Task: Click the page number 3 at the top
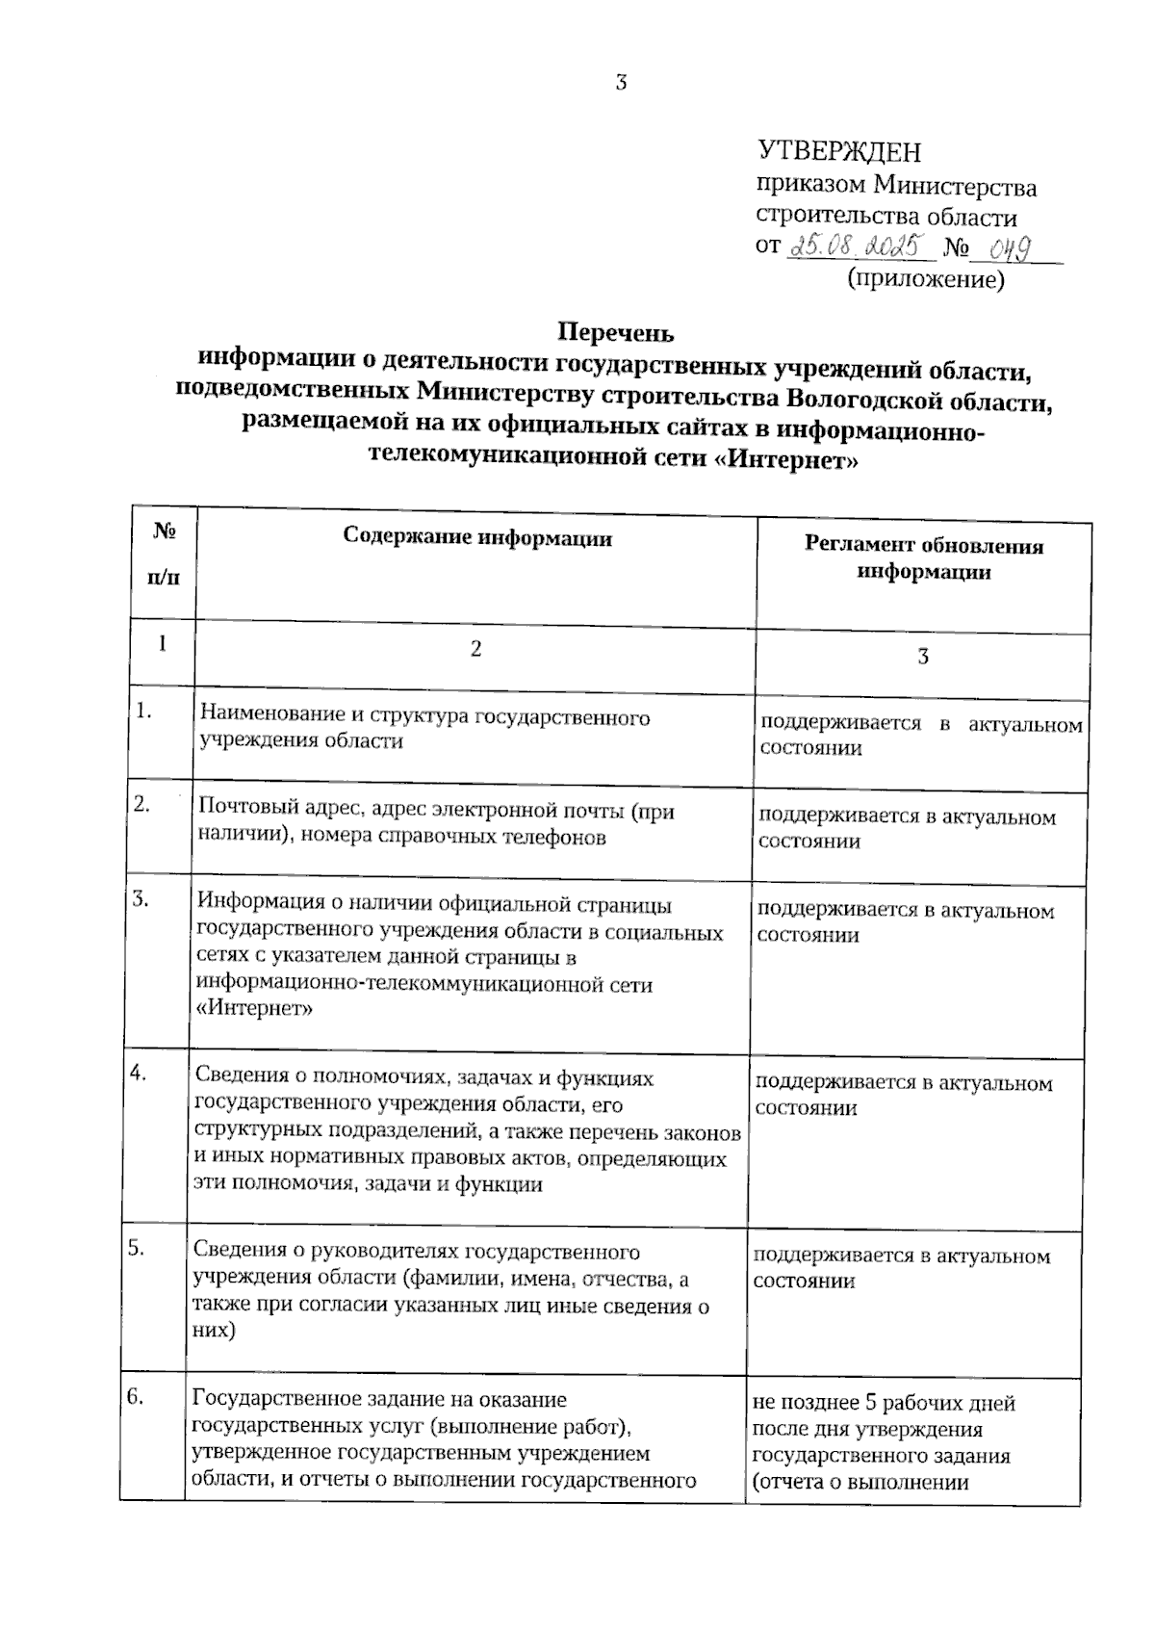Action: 621,83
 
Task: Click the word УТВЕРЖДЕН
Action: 839,152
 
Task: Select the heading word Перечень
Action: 616,333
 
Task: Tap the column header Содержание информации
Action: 477,537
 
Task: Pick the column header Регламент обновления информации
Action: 924,558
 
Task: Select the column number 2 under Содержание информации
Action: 475,649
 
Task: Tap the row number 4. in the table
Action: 138,1074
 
